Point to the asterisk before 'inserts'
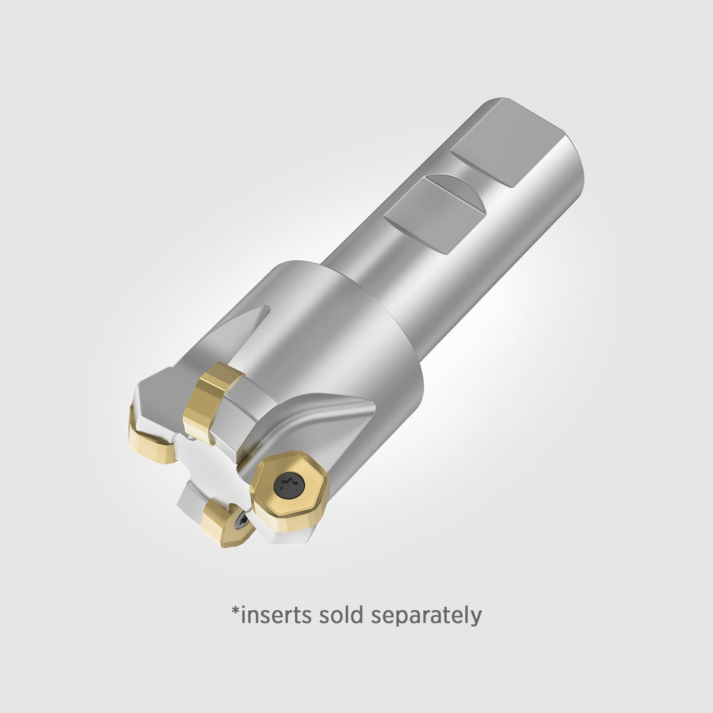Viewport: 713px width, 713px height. click(235, 611)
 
